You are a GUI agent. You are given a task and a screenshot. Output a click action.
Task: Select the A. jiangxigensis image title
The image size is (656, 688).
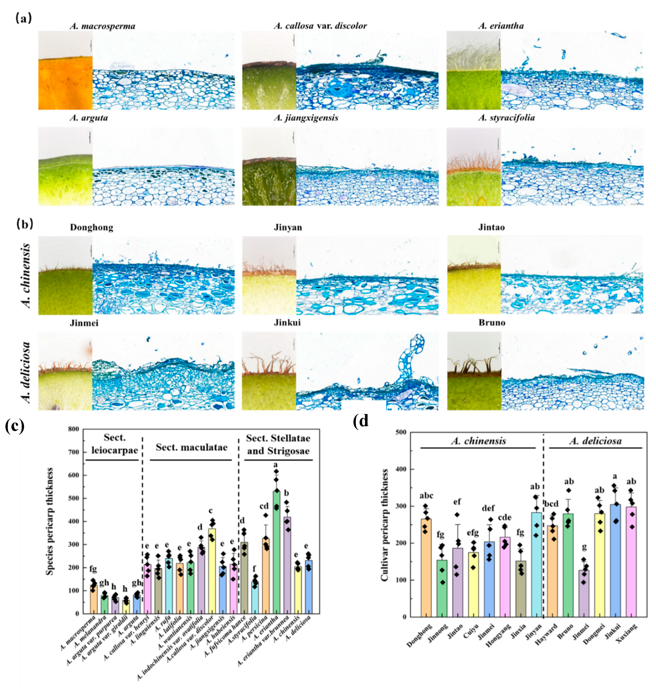point(306,118)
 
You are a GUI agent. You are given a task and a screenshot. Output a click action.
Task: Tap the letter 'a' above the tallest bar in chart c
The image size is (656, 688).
point(276,464)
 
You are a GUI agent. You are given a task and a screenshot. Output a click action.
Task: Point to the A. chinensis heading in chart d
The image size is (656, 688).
point(478,441)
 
